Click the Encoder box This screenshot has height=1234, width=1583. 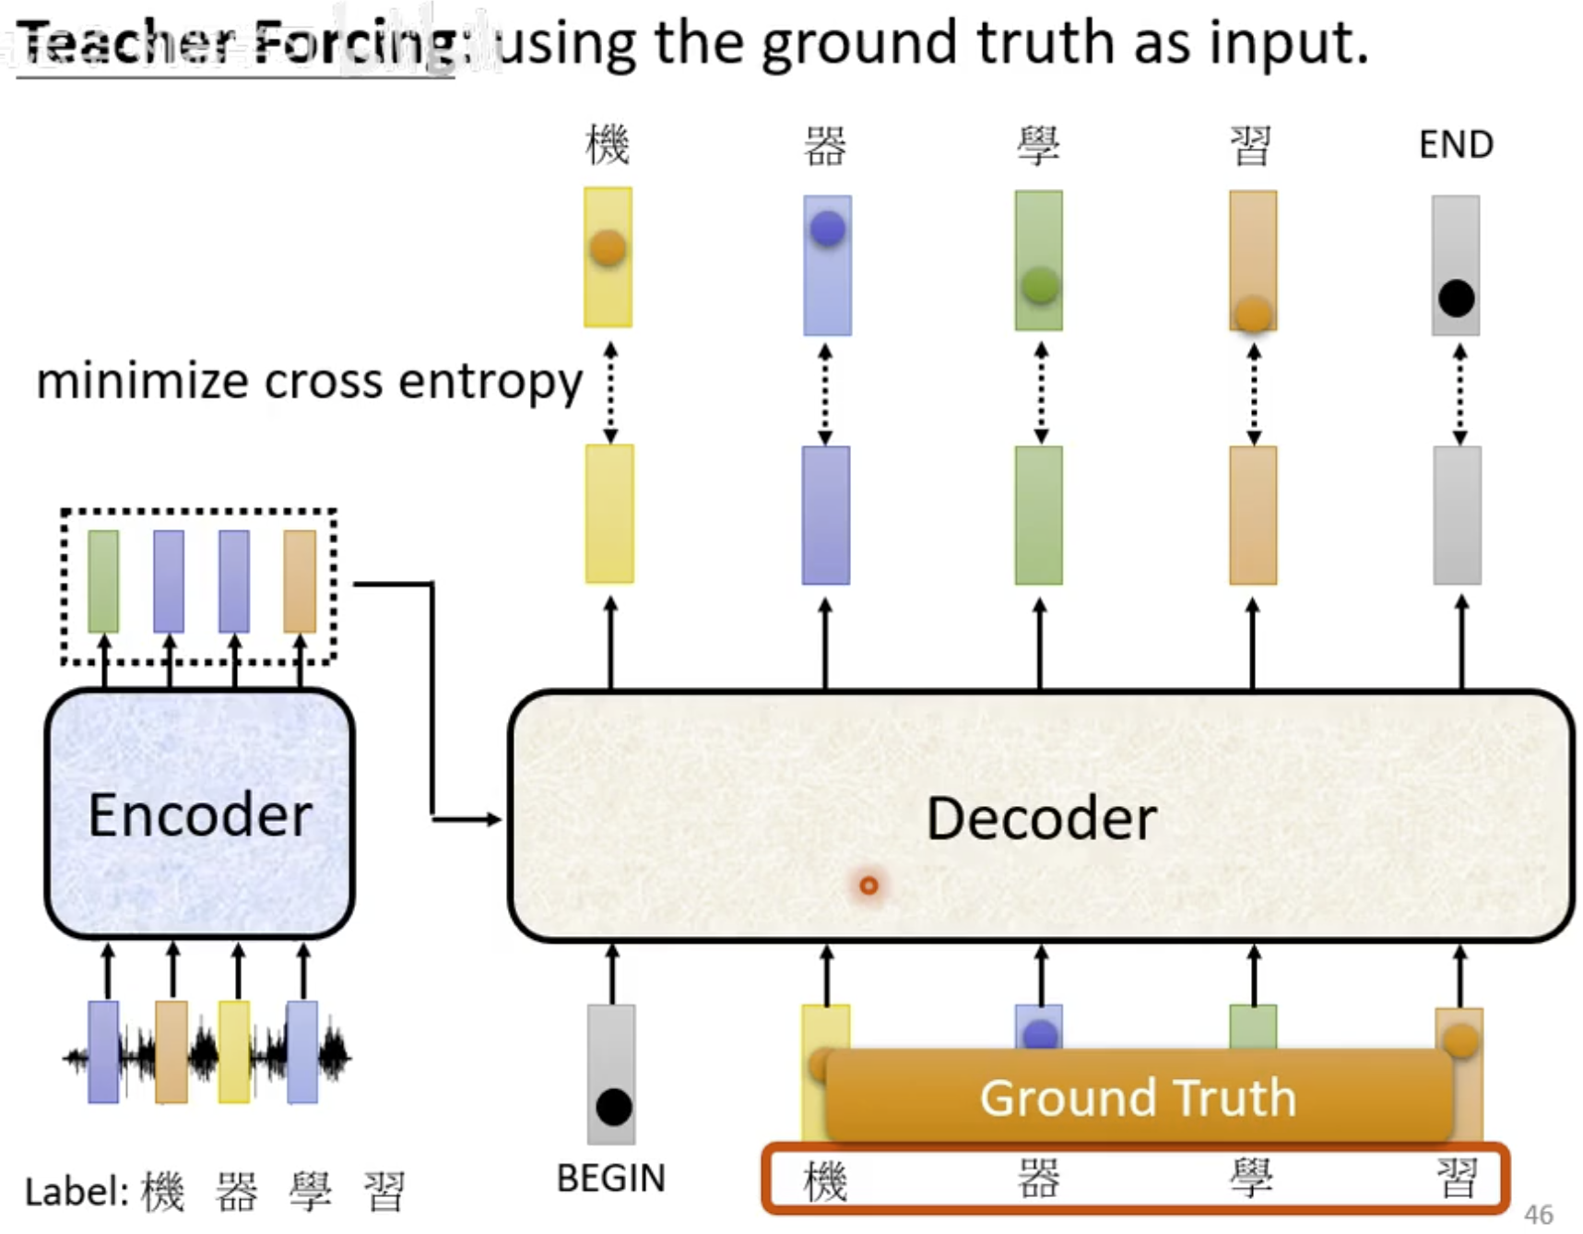199,813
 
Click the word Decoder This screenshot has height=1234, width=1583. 1041,818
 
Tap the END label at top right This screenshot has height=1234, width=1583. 1456,145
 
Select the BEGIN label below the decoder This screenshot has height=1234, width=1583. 610,1178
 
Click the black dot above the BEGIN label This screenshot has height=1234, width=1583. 613,1107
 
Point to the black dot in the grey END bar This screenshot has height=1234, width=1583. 1456,298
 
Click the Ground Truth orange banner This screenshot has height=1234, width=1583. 1138,1097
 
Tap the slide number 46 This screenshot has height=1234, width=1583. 1538,1214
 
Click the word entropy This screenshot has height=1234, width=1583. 490,382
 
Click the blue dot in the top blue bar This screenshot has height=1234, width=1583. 827,228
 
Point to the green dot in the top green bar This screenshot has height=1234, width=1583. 1039,285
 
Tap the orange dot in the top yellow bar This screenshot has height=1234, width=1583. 608,247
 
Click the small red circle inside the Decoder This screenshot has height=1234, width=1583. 868,885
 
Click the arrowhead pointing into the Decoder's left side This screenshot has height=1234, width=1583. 494,818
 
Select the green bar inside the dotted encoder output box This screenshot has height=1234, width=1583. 103,581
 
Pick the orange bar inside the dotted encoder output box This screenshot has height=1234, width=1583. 300,581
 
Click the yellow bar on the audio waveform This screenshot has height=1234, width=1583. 234,1051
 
